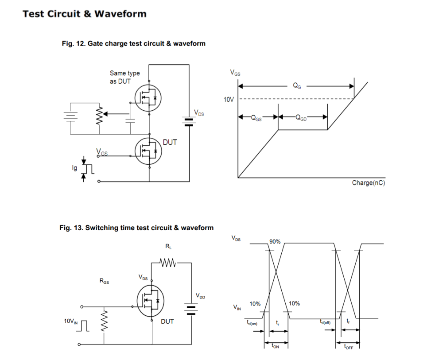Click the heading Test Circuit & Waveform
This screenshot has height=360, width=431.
[x=84, y=14]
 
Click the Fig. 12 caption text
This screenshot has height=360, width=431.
[x=133, y=43]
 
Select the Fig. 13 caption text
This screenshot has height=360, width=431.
[x=136, y=228]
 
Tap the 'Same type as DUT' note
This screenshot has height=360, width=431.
[x=124, y=77]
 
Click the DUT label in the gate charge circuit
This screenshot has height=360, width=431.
[x=170, y=143]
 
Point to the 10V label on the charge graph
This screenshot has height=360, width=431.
[x=228, y=100]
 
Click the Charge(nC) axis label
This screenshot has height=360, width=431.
[x=368, y=183]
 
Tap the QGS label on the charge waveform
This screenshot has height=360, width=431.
[x=256, y=118]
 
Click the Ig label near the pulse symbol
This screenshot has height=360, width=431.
[x=74, y=169]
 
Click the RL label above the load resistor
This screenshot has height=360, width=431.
[x=168, y=246]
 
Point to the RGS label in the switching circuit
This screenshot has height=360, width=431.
[x=105, y=281]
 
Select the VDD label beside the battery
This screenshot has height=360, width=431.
[x=200, y=296]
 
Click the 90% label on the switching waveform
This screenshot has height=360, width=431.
[x=275, y=242]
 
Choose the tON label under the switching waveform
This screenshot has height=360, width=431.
[x=275, y=347]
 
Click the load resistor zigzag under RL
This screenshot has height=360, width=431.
[x=168, y=263]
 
